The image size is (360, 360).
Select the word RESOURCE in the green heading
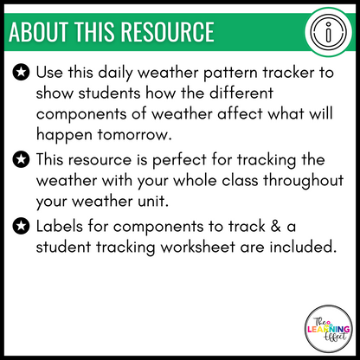point(170,32)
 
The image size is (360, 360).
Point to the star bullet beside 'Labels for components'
point(19,228)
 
